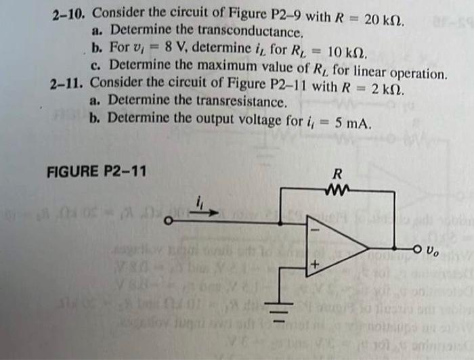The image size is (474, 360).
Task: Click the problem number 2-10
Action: pos(70,13)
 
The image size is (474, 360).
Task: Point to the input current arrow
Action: pos(206,212)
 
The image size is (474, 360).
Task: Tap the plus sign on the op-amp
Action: pos(314,265)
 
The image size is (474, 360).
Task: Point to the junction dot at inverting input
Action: pos(281,220)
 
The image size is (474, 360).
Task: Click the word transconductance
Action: pos(255,32)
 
